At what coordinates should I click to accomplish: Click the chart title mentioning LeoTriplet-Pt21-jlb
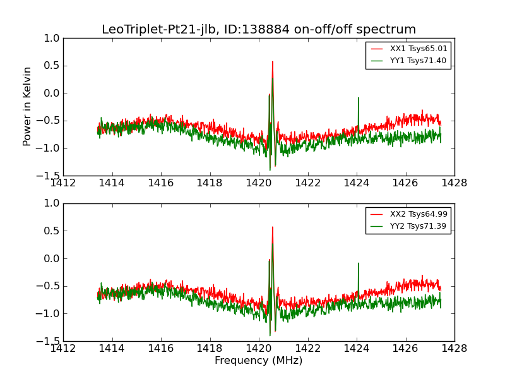(x=259, y=30)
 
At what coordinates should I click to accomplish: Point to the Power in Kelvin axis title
(x=27, y=106)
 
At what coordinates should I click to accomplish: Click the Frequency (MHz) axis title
(x=258, y=361)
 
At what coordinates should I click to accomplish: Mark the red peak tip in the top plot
(x=273, y=61)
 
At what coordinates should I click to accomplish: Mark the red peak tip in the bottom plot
(x=273, y=227)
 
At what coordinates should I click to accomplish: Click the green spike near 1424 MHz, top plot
(x=359, y=98)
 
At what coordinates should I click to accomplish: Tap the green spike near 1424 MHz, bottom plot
(x=359, y=263)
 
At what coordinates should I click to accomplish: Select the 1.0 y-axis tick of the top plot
(x=52, y=39)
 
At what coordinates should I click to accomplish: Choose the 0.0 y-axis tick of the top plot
(x=52, y=93)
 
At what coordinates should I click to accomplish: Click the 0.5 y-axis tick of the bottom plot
(x=52, y=231)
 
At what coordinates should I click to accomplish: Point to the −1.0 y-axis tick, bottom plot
(x=49, y=314)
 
